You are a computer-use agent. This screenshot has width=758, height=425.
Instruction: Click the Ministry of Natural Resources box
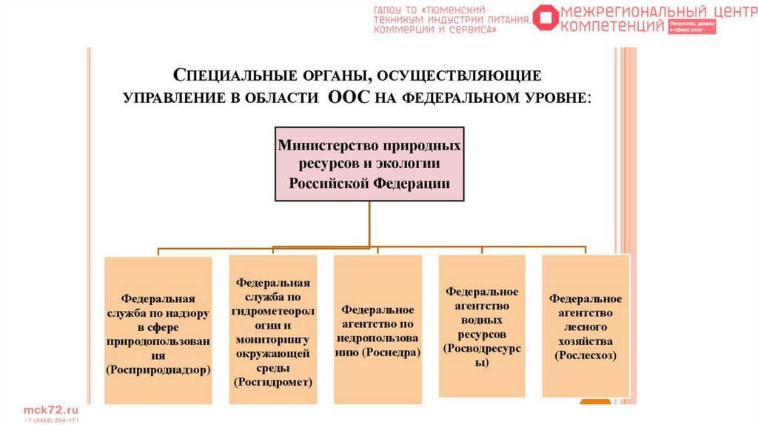pos(369,164)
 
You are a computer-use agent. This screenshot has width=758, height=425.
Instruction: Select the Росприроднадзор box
pos(158,330)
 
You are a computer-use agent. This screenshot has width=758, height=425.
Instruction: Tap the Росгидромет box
pos(273,330)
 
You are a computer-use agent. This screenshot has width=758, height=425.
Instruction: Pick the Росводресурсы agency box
pos(482,326)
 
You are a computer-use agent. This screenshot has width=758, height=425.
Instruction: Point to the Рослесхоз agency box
pos(585,326)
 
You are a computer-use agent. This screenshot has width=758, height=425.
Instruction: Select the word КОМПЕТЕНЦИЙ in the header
pos(613,26)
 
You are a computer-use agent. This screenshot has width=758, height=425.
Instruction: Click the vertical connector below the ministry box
pos(369,222)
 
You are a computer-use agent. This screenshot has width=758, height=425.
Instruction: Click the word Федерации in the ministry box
pos(411,184)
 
